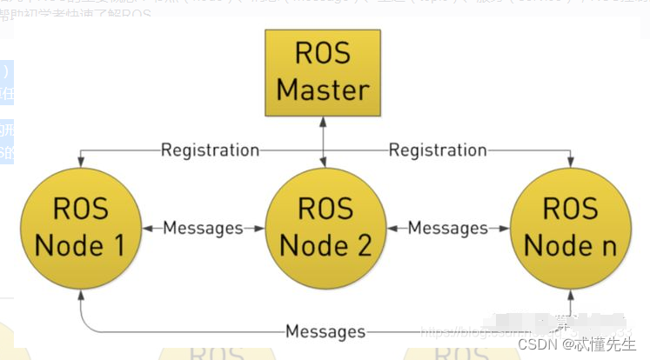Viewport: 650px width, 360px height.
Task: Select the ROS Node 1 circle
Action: pyautogui.click(x=80, y=227)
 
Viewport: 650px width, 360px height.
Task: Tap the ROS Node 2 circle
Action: pyautogui.click(x=324, y=227)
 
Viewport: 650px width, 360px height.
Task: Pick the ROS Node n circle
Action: pyautogui.click(x=570, y=227)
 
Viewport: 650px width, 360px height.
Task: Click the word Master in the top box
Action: pyautogui.click(x=324, y=89)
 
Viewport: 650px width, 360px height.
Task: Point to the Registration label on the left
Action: pyautogui.click(x=210, y=150)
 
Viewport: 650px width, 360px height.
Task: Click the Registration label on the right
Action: pyautogui.click(x=437, y=150)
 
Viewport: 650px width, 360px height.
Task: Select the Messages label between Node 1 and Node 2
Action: pyautogui.click(x=203, y=228)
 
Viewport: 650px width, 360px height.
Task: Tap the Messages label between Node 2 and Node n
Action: pyautogui.click(x=447, y=228)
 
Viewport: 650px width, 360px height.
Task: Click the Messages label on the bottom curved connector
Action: pyautogui.click(x=325, y=331)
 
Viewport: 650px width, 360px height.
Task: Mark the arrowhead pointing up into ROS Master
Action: pyautogui.click(x=324, y=122)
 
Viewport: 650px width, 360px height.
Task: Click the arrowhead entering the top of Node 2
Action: pyautogui.click(x=324, y=163)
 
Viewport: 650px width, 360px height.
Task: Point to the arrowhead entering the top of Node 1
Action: pyautogui.click(x=80, y=163)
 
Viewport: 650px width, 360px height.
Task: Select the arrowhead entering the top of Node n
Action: pyautogui.click(x=570, y=163)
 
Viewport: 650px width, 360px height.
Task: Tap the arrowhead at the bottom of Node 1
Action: pyautogui.click(x=80, y=296)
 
